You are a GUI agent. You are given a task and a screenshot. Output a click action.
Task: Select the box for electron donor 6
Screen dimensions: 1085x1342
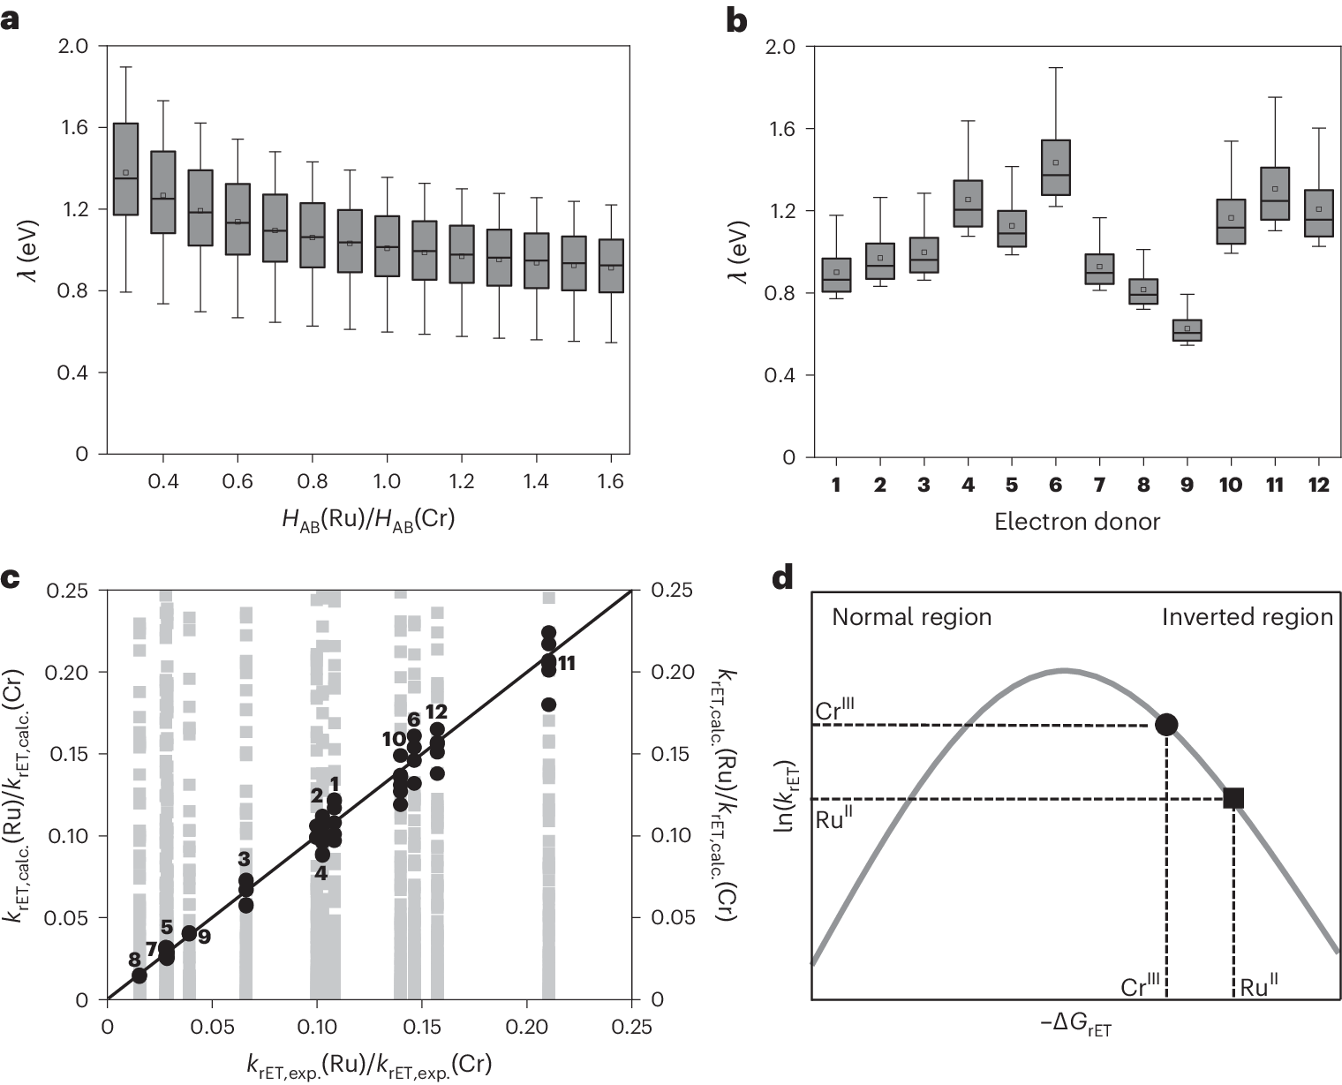pos(1056,168)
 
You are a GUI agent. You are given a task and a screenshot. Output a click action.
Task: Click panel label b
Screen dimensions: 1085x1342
pos(736,20)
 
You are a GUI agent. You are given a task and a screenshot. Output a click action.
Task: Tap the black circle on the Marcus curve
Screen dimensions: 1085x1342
pos(1166,724)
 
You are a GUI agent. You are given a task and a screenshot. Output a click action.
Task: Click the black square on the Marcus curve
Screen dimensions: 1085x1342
pos(1233,798)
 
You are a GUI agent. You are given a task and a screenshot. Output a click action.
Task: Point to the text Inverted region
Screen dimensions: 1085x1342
pos(1247,616)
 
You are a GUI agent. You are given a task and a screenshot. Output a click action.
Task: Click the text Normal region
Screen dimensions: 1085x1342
pos(912,616)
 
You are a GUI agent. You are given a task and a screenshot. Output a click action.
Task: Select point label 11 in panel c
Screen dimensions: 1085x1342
pos(567,663)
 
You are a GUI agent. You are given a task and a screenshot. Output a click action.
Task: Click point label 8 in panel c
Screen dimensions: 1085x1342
pos(134,960)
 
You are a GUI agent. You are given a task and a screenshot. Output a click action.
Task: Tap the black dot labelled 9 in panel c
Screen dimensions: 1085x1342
pos(188,933)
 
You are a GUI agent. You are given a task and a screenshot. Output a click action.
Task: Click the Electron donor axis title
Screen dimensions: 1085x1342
pos(1077,522)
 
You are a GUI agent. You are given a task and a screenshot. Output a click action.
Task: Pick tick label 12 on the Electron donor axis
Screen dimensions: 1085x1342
pos(1318,485)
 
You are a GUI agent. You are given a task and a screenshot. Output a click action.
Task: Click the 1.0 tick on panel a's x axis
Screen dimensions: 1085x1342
pos(387,481)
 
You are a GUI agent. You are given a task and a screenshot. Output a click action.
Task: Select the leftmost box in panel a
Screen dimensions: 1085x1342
pos(125,170)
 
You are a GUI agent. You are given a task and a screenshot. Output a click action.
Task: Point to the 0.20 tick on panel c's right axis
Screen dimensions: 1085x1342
pos(671,672)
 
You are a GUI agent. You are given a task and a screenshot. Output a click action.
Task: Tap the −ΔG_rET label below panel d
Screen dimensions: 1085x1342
pos(1075,1025)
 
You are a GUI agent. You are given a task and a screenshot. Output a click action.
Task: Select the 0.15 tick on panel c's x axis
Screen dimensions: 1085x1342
pos(420,1027)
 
